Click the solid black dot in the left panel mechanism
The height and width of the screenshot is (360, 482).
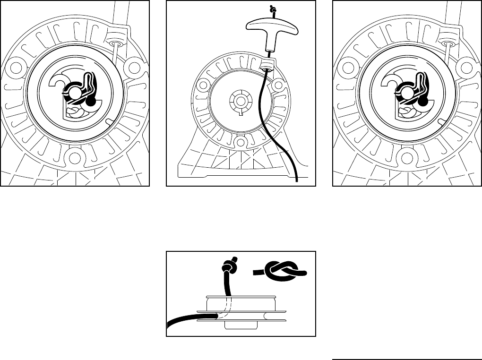click(x=92, y=101)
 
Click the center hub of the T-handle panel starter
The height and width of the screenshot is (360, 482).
click(x=240, y=100)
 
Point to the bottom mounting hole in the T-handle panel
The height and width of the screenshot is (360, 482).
click(x=241, y=142)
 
